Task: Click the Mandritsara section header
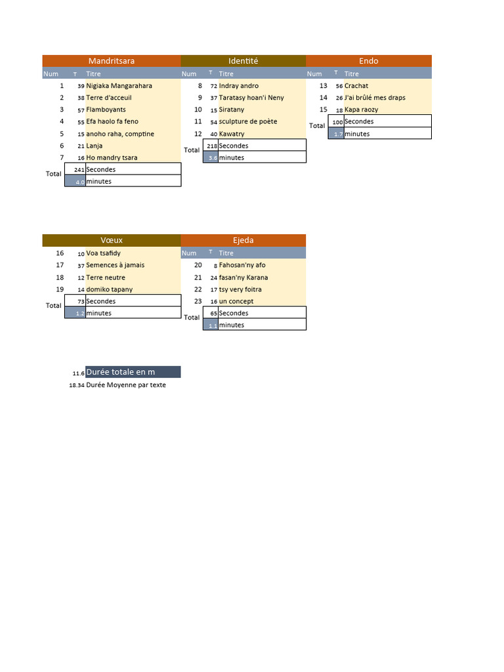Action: (x=112, y=61)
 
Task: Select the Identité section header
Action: (x=243, y=61)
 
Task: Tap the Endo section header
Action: (x=368, y=61)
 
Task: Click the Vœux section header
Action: (x=112, y=240)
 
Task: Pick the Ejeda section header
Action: (x=243, y=240)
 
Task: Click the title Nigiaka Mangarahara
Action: (x=119, y=86)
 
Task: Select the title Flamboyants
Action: (x=106, y=110)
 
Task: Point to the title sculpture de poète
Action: (x=247, y=121)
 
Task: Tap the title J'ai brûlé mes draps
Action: (x=374, y=98)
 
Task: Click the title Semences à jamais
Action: (x=115, y=265)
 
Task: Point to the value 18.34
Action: (x=76, y=386)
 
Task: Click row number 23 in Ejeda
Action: (x=198, y=301)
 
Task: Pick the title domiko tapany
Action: (x=109, y=289)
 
